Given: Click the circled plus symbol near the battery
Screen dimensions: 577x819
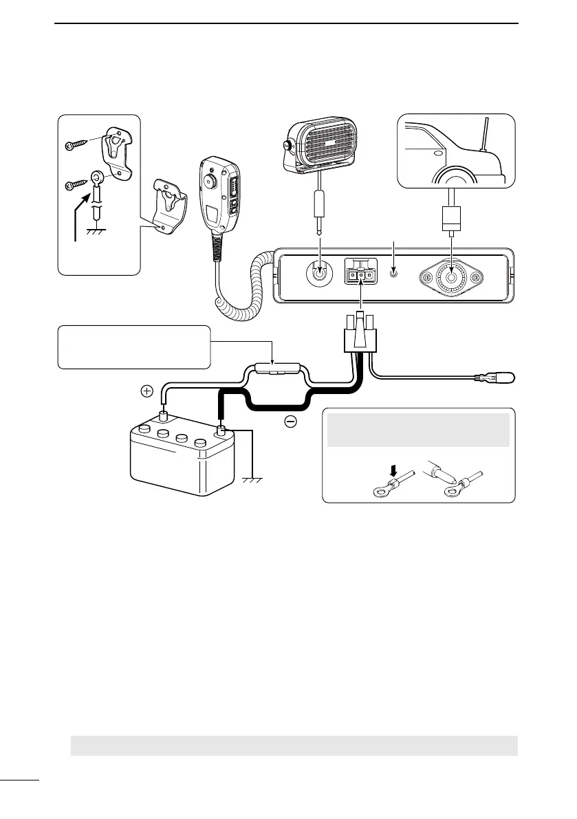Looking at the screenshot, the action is (x=146, y=391).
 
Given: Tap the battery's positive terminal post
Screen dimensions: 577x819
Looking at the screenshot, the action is (x=165, y=415).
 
